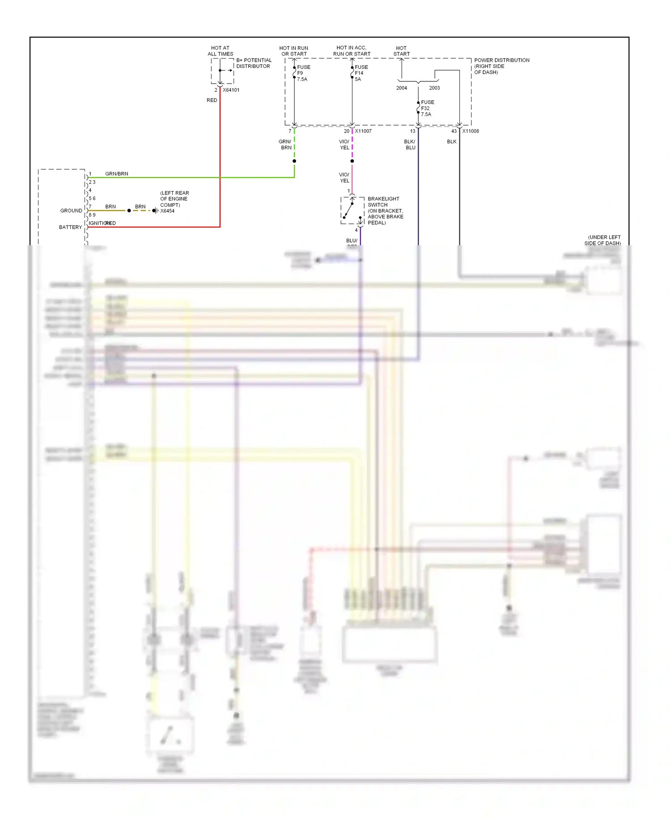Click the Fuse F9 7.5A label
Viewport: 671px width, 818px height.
pyautogui.click(x=303, y=73)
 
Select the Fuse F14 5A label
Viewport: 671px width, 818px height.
pyautogui.click(x=361, y=73)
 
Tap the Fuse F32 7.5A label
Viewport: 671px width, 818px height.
pyautogui.click(x=427, y=108)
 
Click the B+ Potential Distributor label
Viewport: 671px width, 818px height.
pyautogui.click(x=254, y=63)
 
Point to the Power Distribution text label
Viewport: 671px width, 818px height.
pyautogui.click(x=501, y=66)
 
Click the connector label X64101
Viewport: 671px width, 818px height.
pyautogui.click(x=231, y=90)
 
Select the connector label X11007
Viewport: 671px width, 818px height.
pyautogui.click(x=363, y=131)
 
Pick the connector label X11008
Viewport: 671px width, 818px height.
pyautogui.click(x=470, y=131)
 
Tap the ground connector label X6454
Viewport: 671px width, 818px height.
pyautogui.click(x=167, y=211)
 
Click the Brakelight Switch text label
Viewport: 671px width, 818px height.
pyautogui.click(x=385, y=210)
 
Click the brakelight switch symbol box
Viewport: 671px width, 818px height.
pyautogui.click(x=352, y=210)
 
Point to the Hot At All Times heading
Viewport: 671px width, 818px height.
pyautogui.click(x=220, y=51)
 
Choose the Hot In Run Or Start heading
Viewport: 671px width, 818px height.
pyautogui.click(x=293, y=51)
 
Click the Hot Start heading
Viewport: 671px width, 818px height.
pyautogui.click(x=401, y=51)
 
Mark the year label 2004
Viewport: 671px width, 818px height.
pyautogui.click(x=401, y=88)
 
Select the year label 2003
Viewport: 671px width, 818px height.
pyautogui.click(x=434, y=88)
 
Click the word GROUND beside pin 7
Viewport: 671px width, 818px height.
pyautogui.click(x=71, y=211)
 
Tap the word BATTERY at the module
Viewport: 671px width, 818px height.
pyautogui.click(x=70, y=227)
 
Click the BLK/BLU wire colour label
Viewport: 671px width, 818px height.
pyautogui.click(x=410, y=145)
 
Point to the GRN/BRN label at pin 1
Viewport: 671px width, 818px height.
pyautogui.click(x=116, y=174)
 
